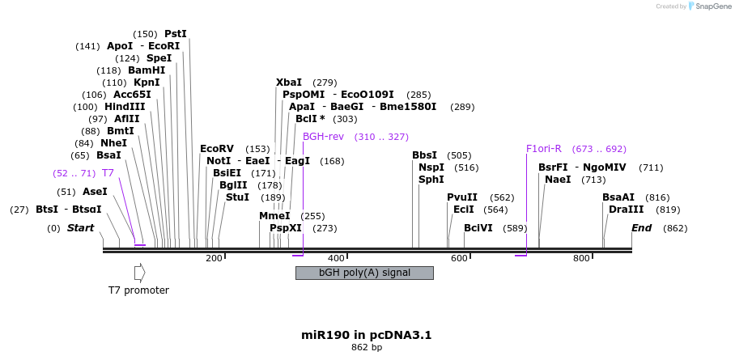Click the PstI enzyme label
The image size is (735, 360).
pos(175,34)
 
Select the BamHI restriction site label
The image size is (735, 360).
pos(147,70)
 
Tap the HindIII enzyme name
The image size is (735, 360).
pos(125,107)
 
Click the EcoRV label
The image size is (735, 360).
pos(216,149)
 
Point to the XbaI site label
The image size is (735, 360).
pos(288,83)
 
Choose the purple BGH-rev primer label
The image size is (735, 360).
pos(323,137)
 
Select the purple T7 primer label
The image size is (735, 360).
pos(108,173)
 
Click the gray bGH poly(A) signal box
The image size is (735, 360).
pos(364,273)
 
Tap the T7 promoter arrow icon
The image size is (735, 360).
pos(139,273)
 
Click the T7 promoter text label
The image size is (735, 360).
pos(139,290)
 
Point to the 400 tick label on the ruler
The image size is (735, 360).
pos(337,258)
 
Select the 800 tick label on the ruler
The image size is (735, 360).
pos(581,258)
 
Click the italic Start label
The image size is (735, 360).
pos(81,228)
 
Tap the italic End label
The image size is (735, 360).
pos(642,228)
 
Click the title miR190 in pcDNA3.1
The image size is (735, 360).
pos(367,334)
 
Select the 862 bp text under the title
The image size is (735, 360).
pos(367,348)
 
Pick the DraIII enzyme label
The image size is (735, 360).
pos(626,210)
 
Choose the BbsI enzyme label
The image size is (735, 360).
pos(424,155)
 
